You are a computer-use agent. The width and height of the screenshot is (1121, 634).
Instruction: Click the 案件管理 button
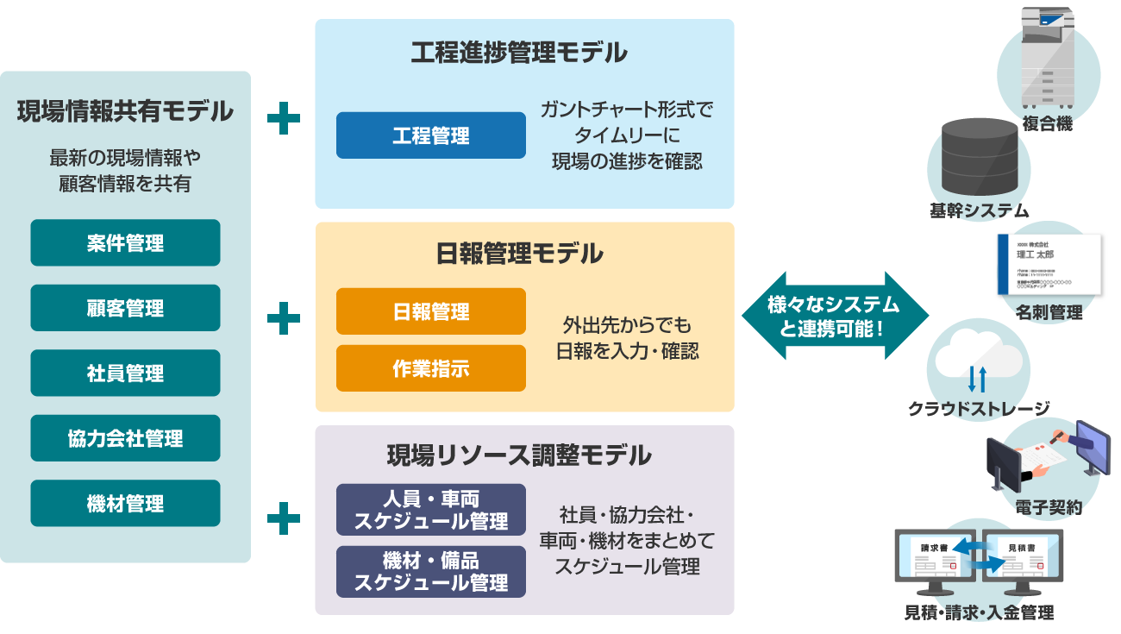[125, 243]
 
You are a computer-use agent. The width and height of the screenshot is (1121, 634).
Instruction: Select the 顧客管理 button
[125, 308]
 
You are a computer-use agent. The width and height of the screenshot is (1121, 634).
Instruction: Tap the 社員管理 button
[125, 373]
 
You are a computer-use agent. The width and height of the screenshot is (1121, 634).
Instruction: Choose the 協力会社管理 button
[125, 438]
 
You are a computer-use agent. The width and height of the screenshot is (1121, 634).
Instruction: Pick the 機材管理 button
[125, 504]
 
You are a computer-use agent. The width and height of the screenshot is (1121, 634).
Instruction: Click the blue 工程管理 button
[430, 135]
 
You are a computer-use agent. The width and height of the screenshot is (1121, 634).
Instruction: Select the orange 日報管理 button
[430, 311]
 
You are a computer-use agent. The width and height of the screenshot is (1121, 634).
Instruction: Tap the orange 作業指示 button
[430, 368]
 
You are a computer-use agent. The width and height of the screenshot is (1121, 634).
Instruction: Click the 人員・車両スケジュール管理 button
[430, 510]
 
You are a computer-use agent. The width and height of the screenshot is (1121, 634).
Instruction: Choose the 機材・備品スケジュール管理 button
[430, 572]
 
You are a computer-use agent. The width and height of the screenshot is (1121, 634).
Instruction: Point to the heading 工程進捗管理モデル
[518, 53]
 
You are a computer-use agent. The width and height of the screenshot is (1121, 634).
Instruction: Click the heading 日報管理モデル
[518, 254]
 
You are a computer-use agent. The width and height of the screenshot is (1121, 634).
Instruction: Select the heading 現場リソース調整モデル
[518, 455]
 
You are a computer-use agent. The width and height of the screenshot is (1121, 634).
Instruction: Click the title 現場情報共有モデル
[125, 111]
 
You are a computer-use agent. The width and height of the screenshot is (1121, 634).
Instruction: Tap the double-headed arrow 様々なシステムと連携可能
[835, 316]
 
